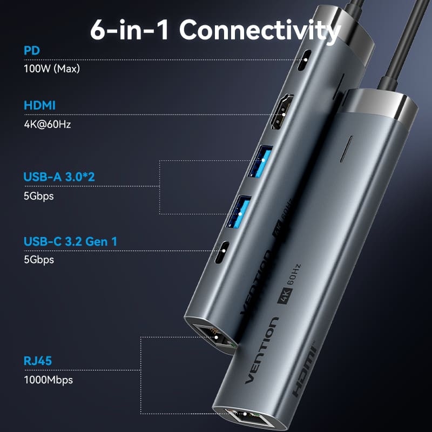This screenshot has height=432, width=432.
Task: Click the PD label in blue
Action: coord(31,51)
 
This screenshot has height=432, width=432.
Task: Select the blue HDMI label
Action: coord(40,105)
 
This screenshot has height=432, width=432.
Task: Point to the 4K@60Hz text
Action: coord(48,124)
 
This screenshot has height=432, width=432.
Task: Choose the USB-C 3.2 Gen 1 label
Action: coord(70,241)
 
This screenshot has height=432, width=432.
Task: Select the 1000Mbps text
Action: coord(48,380)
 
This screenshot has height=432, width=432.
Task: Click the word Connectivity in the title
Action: coord(260,30)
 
